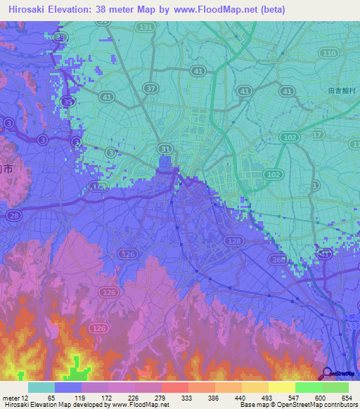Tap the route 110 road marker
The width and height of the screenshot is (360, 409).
click(x=328, y=53)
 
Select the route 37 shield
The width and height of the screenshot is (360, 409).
click(x=150, y=88)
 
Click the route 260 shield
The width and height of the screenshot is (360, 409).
click(x=280, y=261)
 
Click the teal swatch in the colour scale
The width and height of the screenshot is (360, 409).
click(x=41, y=387)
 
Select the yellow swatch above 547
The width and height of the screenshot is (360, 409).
click(x=281, y=387)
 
